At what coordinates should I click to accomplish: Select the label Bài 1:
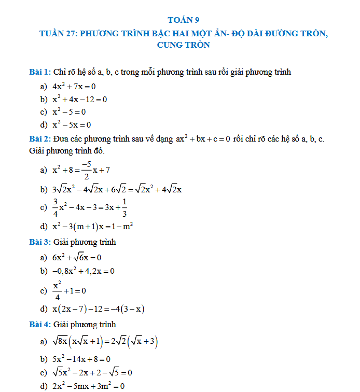[40, 72]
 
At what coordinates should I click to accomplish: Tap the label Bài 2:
[40, 139]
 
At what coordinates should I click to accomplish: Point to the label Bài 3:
[40, 242]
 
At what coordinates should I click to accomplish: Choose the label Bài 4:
[40, 325]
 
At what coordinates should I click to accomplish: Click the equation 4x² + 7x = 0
[74, 87]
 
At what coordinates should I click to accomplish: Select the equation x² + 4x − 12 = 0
[79, 99]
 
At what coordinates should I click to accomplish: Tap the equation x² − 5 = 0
[69, 111]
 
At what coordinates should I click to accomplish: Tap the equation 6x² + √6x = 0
[77, 257]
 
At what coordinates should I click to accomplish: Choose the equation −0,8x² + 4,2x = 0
[84, 271]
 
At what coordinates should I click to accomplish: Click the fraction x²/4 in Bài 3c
[57, 290]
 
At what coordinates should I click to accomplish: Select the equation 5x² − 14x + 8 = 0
[81, 359]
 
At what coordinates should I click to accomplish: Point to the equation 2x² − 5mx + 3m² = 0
[88, 386]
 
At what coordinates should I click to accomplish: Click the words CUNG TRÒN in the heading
[183, 45]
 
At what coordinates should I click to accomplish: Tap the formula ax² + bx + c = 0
[203, 140]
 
